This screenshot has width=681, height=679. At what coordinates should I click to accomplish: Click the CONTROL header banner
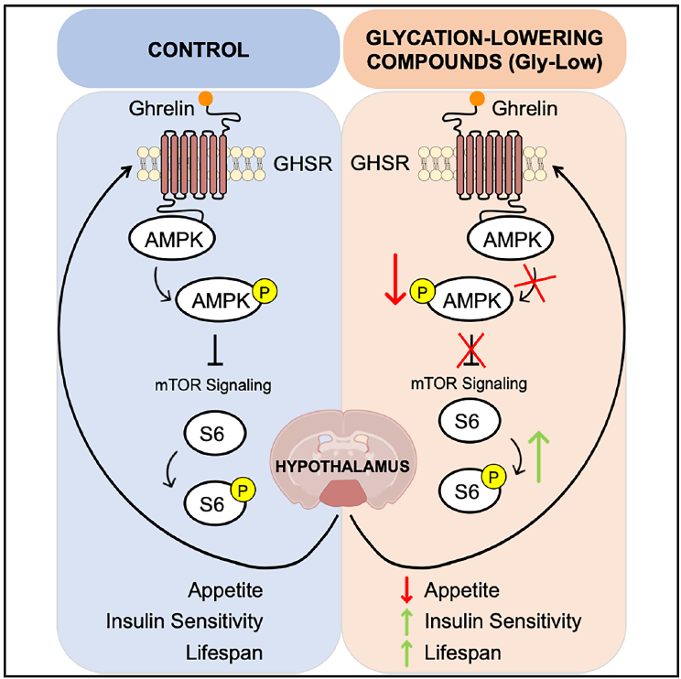tap(197, 50)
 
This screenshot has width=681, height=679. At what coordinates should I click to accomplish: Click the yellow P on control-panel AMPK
tap(268, 292)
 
